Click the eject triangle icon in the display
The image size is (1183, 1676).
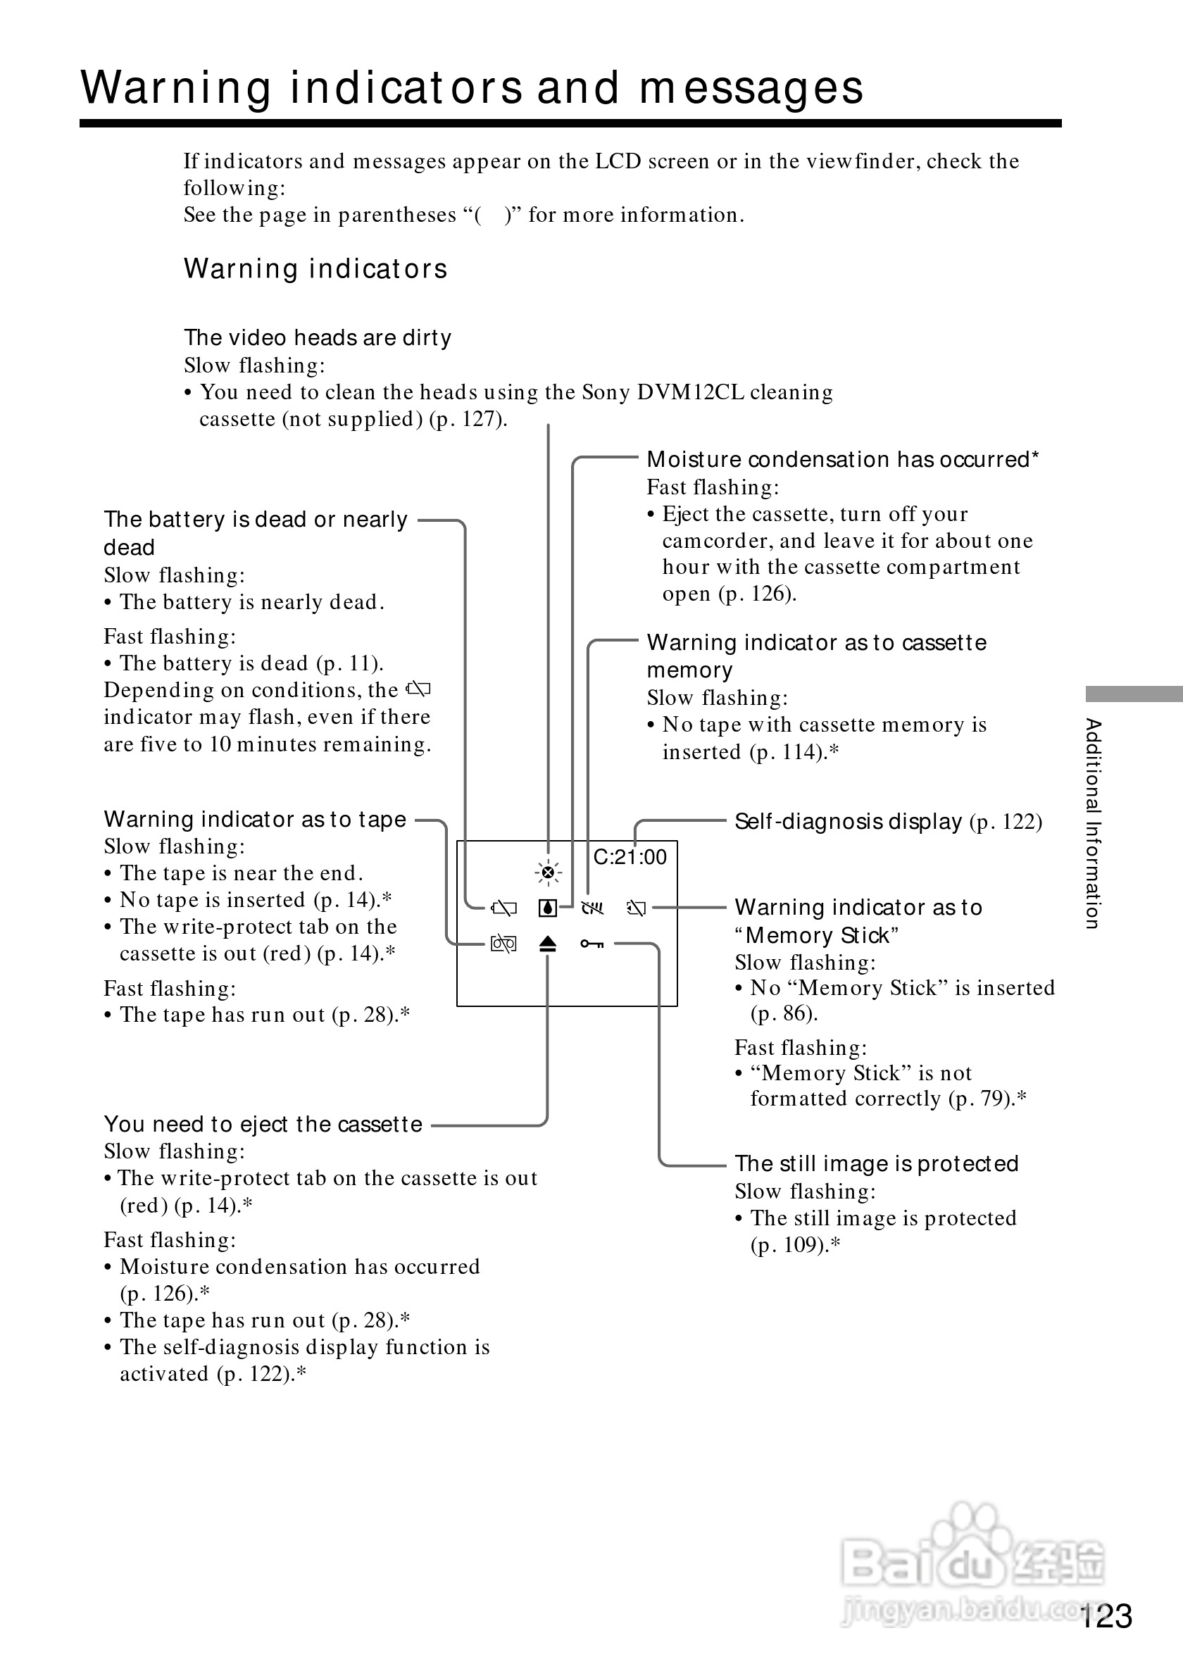tap(548, 944)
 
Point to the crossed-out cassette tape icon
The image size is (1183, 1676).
tap(503, 944)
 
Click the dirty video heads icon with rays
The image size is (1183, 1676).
tap(548, 873)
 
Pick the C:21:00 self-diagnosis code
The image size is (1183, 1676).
tap(630, 857)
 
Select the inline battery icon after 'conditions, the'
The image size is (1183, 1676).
tap(419, 689)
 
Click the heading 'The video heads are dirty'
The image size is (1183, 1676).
tap(318, 338)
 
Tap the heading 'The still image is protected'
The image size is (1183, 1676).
tap(876, 1163)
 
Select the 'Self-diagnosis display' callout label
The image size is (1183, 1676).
tap(848, 822)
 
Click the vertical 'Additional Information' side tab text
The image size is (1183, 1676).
tap(1092, 823)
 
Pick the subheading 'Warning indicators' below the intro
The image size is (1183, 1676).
tap(315, 268)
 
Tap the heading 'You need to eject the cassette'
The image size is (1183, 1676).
tap(263, 1124)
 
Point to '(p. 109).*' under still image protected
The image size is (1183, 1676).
tap(796, 1244)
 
